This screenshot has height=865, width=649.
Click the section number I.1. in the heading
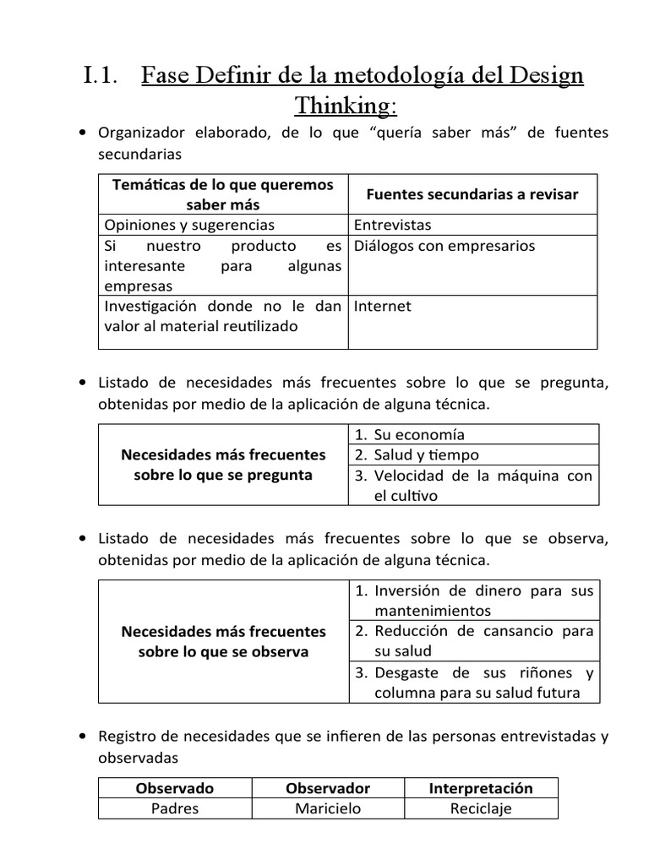click(x=105, y=76)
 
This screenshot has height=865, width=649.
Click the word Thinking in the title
click(x=344, y=106)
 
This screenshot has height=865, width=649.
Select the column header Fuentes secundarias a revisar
click(x=472, y=194)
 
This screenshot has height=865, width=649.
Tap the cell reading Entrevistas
click(x=392, y=225)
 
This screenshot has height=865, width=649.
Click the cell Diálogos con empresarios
click(x=444, y=246)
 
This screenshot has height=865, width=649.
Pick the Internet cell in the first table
click(x=382, y=306)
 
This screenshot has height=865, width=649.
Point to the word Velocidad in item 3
click(x=409, y=476)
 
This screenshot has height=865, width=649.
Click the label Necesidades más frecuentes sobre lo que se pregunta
click(x=223, y=465)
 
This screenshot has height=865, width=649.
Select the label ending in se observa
click(x=223, y=641)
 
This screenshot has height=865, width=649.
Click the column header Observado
click(x=175, y=788)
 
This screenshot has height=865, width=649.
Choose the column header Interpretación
click(x=481, y=788)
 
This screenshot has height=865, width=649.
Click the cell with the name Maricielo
click(x=328, y=808)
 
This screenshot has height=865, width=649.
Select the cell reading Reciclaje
click(x=481, y=808)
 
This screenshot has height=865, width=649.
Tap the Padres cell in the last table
click(x=175, y=808)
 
